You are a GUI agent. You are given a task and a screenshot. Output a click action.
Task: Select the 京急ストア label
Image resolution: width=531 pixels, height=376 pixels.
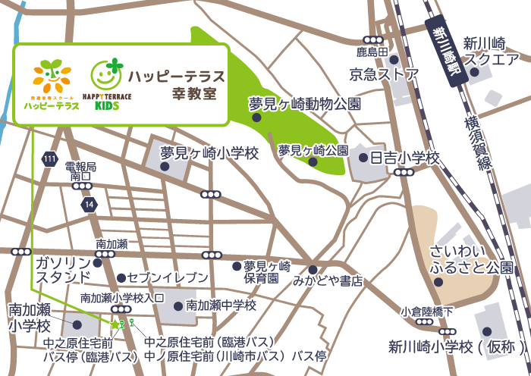(x=384, y=74)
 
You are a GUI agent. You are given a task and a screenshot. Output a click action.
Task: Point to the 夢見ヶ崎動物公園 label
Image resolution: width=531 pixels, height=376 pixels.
(x=305, y=103)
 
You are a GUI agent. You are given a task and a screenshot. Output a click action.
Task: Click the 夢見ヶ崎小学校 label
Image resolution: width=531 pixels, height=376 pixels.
(x=210, y=153)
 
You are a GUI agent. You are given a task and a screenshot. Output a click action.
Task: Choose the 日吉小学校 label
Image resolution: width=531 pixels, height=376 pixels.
(x=404, y=158)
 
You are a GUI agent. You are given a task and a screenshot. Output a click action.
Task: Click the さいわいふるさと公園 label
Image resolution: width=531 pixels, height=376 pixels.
(x=471, y=258)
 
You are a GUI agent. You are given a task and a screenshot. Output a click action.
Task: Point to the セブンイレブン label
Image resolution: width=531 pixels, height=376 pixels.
(x=167, y=277)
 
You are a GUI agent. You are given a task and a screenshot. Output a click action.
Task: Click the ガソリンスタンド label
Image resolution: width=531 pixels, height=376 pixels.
(x=62, y=269)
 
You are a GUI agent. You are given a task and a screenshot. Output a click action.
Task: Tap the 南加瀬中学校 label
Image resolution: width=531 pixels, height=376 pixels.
(x=222, y=305)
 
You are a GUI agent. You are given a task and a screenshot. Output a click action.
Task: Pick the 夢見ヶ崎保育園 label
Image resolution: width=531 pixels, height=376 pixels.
(x=267, y=272)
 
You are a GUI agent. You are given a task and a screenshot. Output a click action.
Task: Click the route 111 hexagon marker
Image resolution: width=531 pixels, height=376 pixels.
(x=50, y=159)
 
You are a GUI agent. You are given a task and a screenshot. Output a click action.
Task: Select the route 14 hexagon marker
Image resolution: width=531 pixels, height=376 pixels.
(x=90, y=205)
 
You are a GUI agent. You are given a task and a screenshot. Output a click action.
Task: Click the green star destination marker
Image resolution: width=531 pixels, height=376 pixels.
(x=116, y=324)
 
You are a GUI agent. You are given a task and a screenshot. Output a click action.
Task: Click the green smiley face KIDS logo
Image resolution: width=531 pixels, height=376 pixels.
(x=106, y=74)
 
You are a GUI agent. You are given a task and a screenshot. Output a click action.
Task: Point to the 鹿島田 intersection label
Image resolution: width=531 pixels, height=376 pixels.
(x=372, y=52)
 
